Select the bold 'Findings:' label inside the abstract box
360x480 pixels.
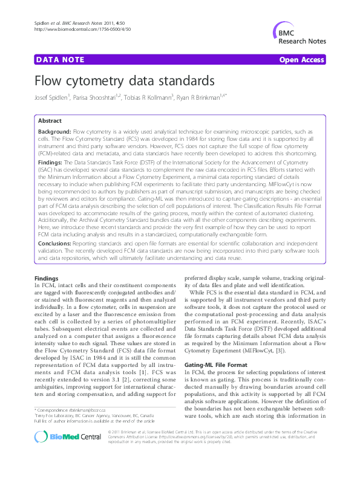[50, 163]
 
